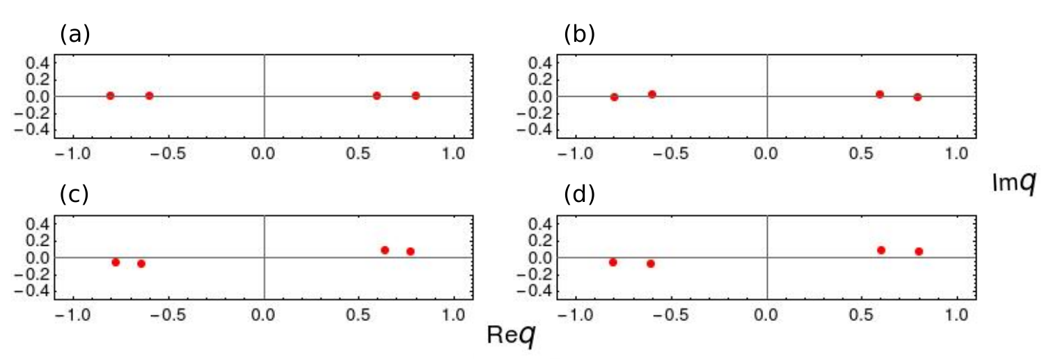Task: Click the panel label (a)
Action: point(75,34)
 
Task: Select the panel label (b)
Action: point(579,34)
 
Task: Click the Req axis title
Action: point(511,335)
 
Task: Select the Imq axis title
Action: point(1014,182)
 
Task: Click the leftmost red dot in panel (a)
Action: point(110,96)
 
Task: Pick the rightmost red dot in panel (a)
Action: point(416,96)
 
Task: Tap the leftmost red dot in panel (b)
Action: point(614,97)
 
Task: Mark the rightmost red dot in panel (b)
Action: point(917,97)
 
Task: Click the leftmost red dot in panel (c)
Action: point(116,263)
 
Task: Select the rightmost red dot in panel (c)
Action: point(410,251)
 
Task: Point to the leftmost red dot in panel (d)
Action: point(613,263)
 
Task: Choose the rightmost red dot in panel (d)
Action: point(919,251)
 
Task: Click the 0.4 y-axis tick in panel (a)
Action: point(37,63)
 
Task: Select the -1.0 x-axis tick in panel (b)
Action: point(576,154)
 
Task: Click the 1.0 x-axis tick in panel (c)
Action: point(454,315)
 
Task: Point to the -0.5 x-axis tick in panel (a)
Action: point(168,154)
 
